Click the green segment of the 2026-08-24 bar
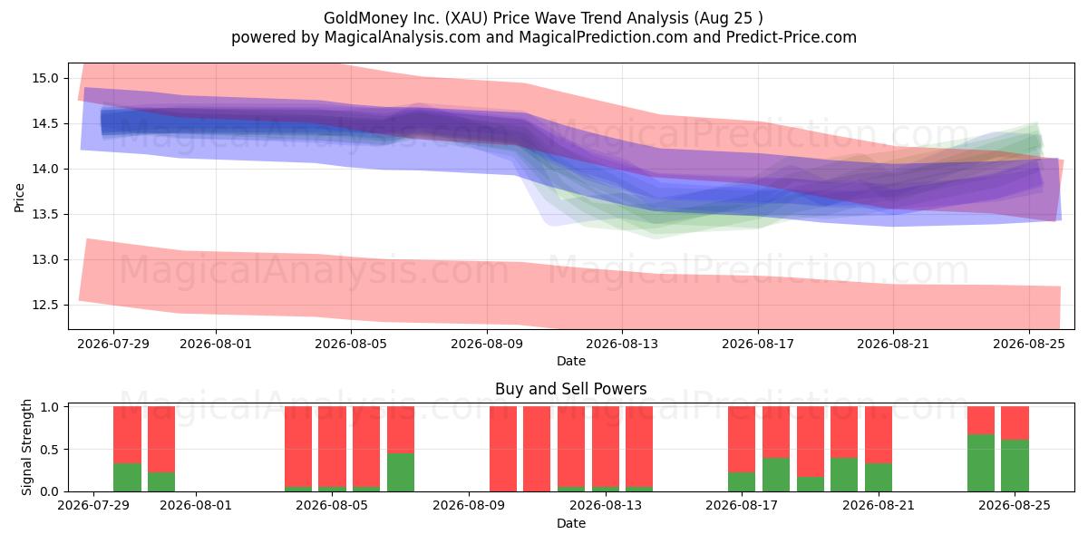pos(981,463)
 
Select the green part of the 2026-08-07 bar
pos(401,472)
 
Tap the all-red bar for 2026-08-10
pos(502,449)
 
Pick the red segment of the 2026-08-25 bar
pos(1015,423)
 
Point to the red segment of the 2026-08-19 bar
pos(811,442)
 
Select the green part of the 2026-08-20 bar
pos(844,474)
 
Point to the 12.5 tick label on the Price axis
pos(44,305)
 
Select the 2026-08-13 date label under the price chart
pos(622,344)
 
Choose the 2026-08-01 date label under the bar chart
pos(196,506)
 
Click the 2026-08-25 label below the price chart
pos(1029,344)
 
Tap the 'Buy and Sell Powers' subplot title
pos(570,389)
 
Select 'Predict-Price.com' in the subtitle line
pos(792,37)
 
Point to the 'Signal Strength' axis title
pos(26,447)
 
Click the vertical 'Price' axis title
pos(19,198)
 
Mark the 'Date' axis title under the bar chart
pos(571,524)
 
